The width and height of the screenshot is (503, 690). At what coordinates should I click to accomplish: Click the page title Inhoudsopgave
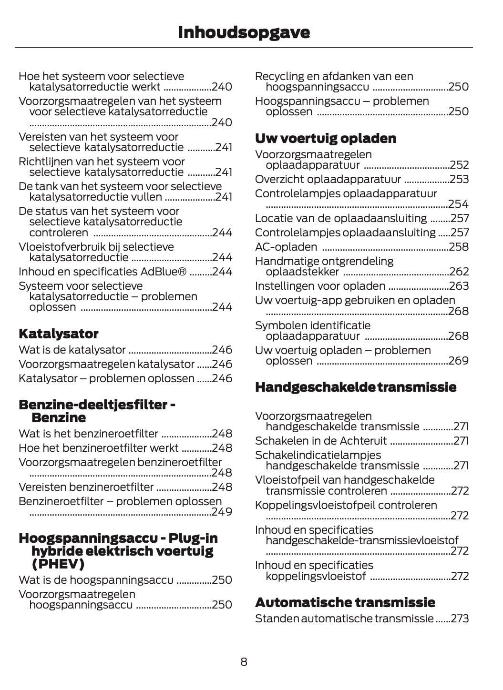coord(244,32)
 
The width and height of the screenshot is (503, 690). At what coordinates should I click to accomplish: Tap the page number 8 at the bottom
coord(244,661)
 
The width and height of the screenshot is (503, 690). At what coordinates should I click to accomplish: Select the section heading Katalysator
coord(58,334)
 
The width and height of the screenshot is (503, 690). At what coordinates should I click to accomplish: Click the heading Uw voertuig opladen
coord(326,138)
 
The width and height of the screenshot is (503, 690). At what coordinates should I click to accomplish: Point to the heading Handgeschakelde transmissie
coord(356,387)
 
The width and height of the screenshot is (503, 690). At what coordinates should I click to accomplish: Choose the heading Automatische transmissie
coord(345,602)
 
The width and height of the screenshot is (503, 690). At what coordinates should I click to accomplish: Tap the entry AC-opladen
coord(286,247)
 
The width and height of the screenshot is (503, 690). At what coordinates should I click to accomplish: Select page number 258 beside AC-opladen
coord(459,247)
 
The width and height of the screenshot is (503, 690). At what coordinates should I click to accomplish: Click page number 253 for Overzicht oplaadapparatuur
coord(459,179)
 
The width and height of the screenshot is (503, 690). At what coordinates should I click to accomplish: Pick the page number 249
coord(222,512)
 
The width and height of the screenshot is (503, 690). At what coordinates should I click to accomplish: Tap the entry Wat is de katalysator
coord(72,350)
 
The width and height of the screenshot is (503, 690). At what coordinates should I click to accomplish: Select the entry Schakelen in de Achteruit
coord(321,441)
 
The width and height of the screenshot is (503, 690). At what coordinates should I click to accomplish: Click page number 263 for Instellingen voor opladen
coord(459,286)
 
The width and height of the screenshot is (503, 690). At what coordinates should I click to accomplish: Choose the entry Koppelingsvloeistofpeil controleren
coord(346,505)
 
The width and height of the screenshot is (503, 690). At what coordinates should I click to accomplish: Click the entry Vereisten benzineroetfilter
coord(86,487)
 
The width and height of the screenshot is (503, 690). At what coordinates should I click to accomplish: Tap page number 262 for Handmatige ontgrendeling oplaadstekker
coord(459,272)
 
